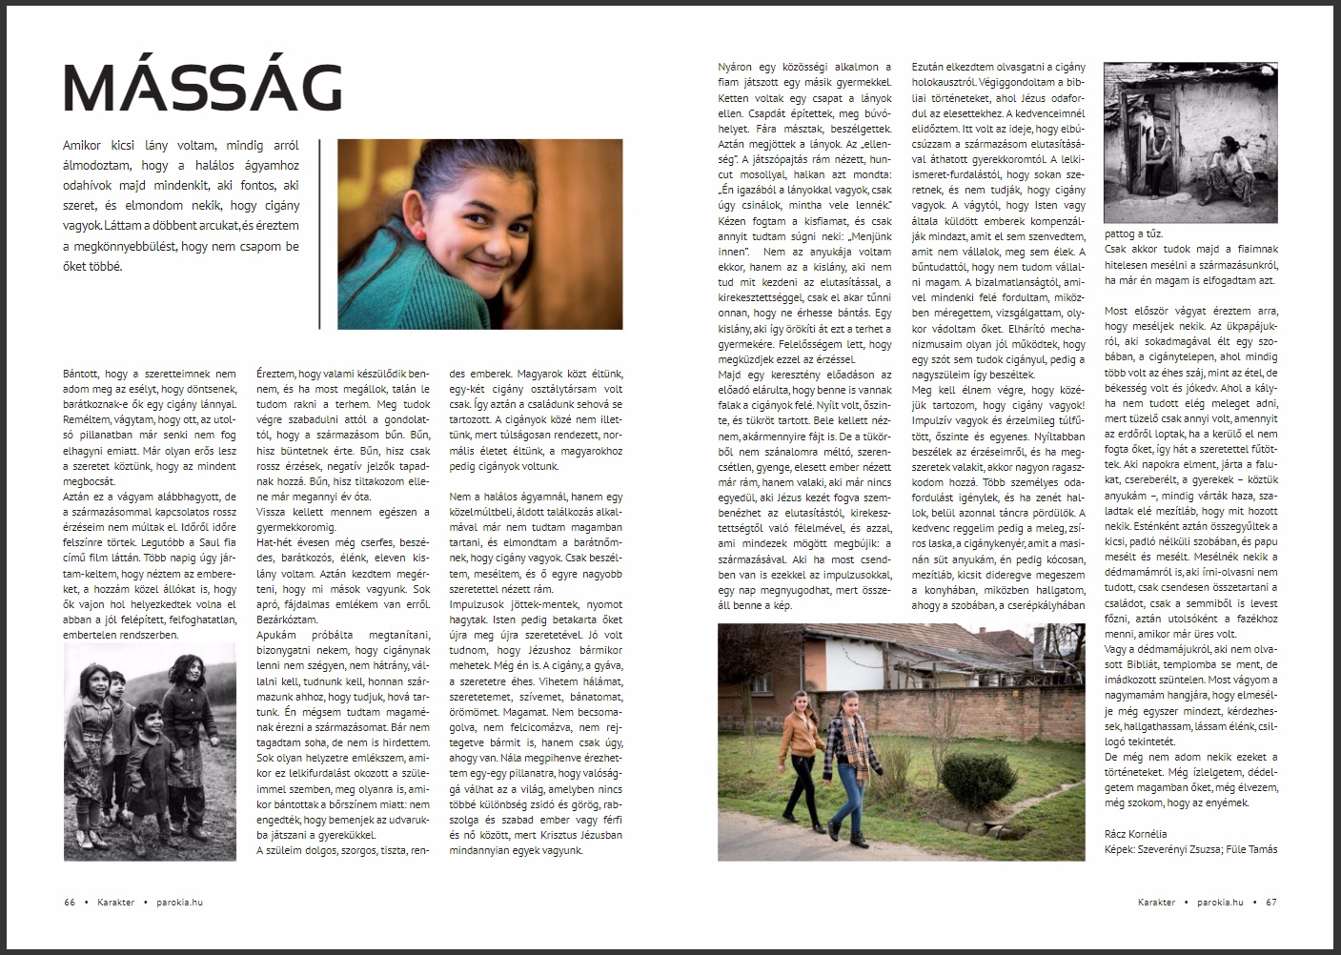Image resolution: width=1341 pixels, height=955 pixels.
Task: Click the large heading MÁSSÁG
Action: point(202,88)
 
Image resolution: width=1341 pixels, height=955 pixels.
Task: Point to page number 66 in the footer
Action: point(70,903)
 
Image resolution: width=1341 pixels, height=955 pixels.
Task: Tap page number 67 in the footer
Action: point(1271,903)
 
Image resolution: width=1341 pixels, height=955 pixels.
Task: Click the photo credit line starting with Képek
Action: point(1189,849)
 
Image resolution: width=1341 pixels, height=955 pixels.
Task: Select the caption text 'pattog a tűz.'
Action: point(1133,234)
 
